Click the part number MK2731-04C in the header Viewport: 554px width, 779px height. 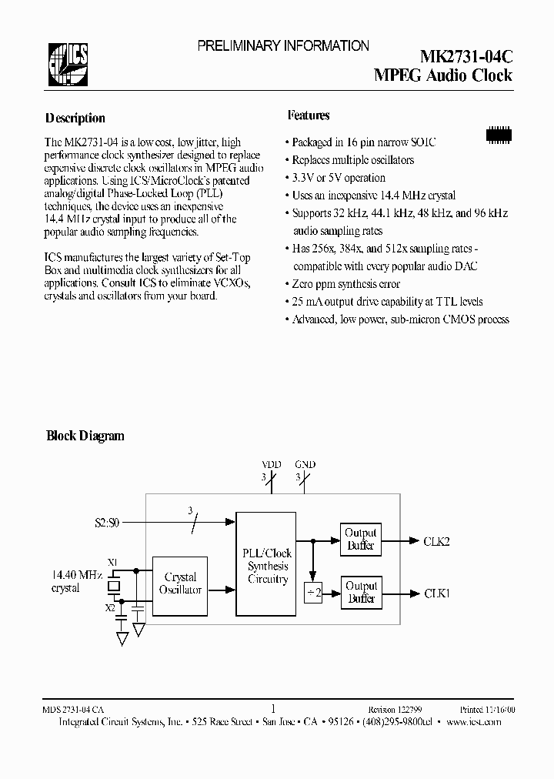click(x=466, y=57)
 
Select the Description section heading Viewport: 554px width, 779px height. click(x=75, y=119)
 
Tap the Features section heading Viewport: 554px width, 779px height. click(x=309, y=115)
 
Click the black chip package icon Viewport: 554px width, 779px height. click(x=500, y=134)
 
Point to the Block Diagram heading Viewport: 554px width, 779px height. click(x=85, y=436)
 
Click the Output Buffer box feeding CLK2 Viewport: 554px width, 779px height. click(x=360, y=539)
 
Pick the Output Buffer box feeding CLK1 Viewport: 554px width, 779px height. click(x=360, y=593)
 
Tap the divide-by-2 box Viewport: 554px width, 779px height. click(x=313, y=593)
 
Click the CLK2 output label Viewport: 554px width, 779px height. click(x=436, y=541)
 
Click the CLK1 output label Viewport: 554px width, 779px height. click(x=436, y=593)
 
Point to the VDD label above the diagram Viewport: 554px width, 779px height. click(x=272, y=465)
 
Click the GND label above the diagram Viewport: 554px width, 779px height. click(x=305, y=465)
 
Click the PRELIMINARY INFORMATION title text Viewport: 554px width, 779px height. click(x=283, y=46)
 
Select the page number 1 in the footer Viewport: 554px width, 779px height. click(x=274, y=709)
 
